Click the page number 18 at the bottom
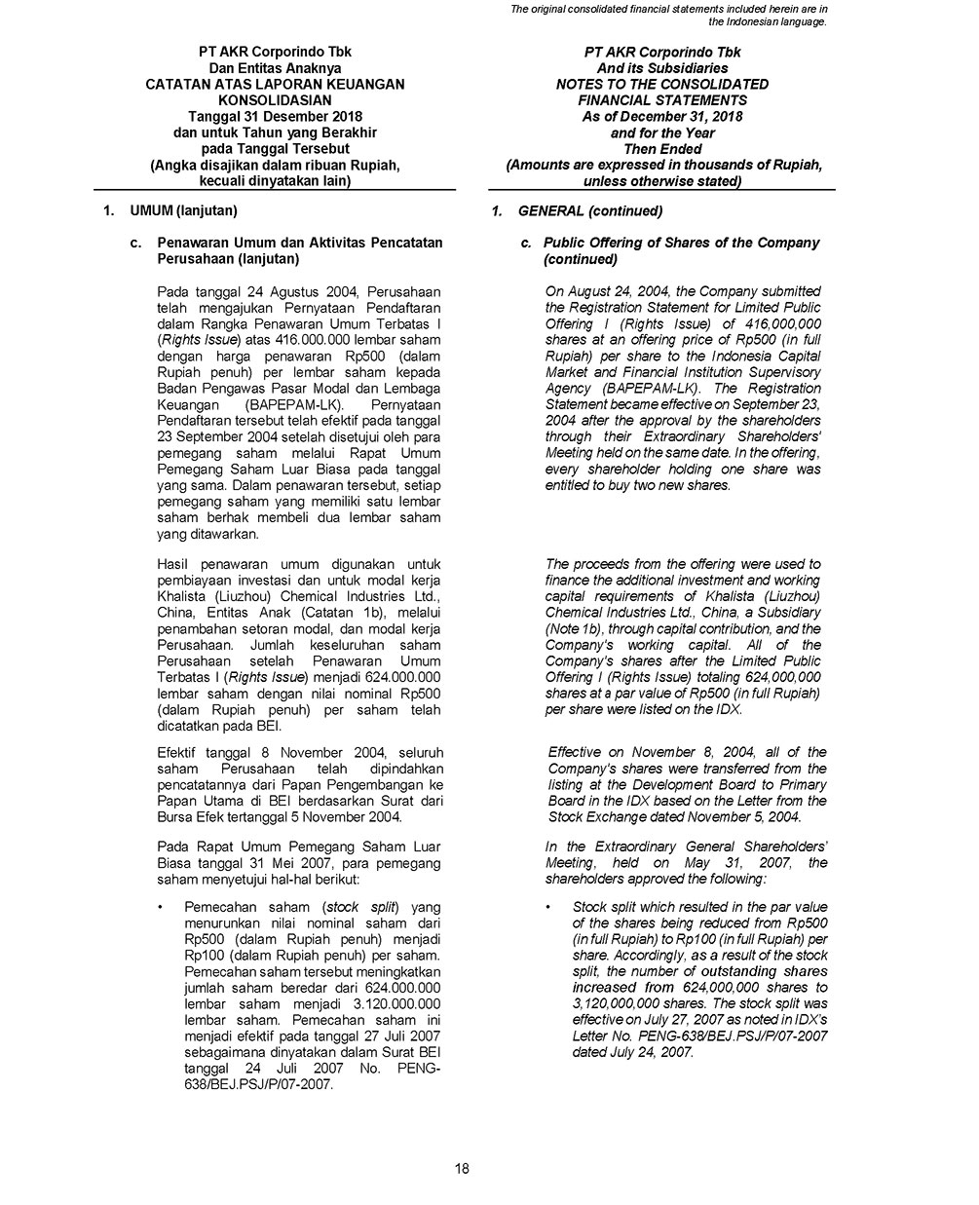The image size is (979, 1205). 462,1169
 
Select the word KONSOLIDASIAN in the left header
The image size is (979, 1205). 275,100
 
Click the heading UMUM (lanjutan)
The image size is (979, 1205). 183,210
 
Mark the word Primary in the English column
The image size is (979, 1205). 802,784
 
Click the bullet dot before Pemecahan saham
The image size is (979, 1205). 160,908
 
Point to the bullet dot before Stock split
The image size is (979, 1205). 548,908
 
